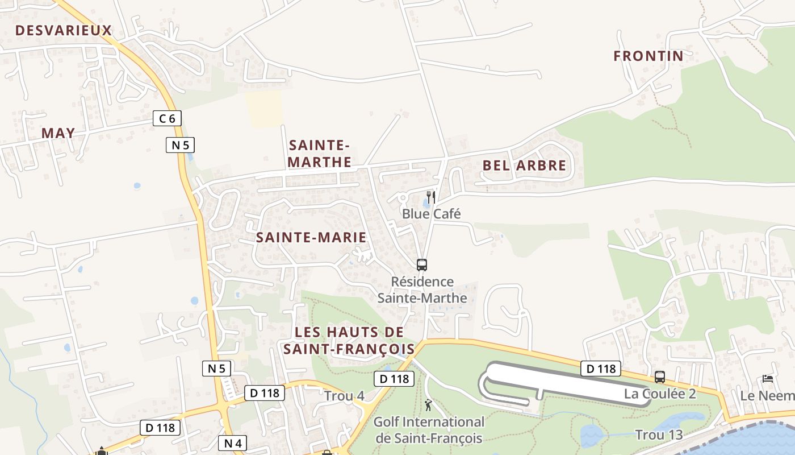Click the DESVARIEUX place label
(x=64, y=31)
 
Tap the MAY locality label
(x=58, y=133)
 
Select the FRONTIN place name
(x=648, y=56)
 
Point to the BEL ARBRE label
(x=524, y=166)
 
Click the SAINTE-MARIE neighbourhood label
(x=311, y=237)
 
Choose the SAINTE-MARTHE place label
(x=320, y=154)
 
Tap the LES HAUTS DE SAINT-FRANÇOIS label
(x=349, y=340)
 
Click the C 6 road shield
(x=167, y=118)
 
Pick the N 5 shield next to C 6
(x=180, y=145)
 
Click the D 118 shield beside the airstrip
(x=601, y=369)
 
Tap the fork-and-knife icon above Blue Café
(x=431, y=197)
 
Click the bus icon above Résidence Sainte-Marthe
(x=421, y=264)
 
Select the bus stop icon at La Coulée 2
(x=659, y=377)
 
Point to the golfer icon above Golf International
(x=429, y=405)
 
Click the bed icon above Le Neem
(x=768, y=379)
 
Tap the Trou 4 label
(x=344, y=395)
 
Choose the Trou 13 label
(x=659, y=435)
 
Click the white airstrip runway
(x=568, y=382)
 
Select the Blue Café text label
(x=431, y=214)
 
